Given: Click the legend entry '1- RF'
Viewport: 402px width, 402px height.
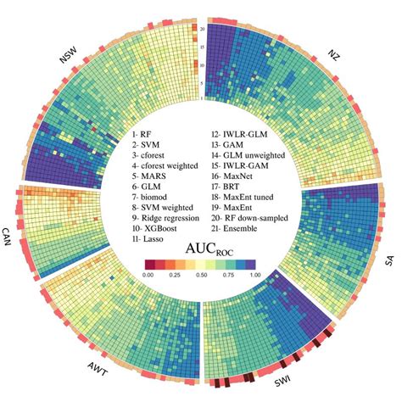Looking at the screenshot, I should [x=143, y=135].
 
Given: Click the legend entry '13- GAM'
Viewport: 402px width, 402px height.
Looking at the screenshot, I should [x=232, y=145].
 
